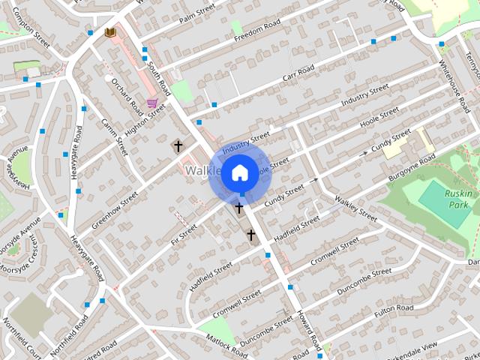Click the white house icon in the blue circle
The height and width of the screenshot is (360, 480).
click(x=238, y=172)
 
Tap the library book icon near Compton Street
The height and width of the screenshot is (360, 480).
click(x=110, y=32)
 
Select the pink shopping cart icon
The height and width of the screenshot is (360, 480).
click(x=152, y=103)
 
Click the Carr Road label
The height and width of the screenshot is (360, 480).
click(x=298, y=75)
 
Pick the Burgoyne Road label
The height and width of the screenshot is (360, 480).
click(x=412, y=169)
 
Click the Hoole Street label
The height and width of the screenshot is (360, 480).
click(x=379, y=117)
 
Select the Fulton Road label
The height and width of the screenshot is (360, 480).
click(x=394, y=308)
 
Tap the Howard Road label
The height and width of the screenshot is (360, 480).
click(x=308, y=324)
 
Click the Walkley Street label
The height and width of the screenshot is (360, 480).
click(x=356, y=208)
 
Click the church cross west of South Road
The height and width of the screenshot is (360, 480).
click(x=178, y=146)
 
